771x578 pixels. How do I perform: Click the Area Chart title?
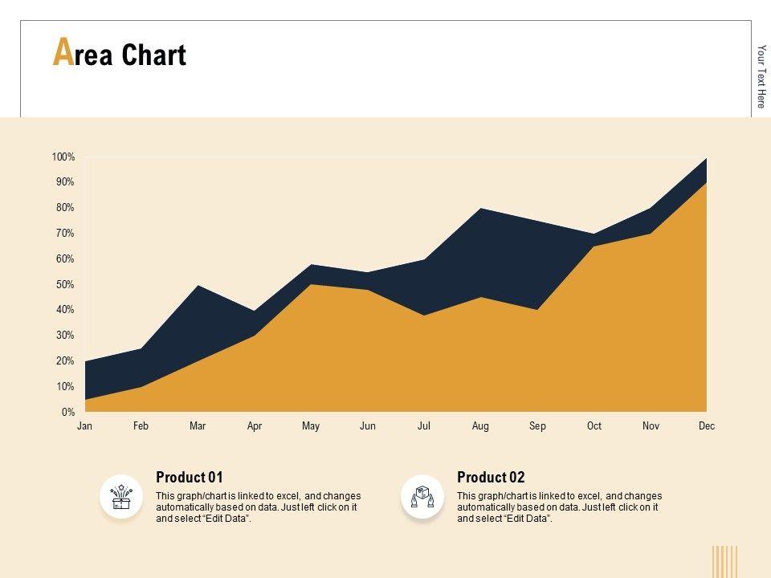[120, 54]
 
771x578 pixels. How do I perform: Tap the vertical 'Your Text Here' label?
[761, 76]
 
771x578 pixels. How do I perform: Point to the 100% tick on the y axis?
[63, 157]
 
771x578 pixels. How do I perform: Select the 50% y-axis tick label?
[64, 285]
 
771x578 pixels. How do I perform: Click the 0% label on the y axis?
[68, 413]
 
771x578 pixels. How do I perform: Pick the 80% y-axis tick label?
[64, 208]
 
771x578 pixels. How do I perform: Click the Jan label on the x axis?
[84, 426]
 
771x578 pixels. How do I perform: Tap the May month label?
[311, 426]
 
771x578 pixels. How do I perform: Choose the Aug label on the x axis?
[480, 426]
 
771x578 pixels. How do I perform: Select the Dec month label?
[707, 426]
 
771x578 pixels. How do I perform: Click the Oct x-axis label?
[594, 426]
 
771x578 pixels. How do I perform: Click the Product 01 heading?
[190, 478]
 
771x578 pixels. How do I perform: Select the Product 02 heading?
[491, 478]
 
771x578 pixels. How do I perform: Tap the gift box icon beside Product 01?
[121, 496]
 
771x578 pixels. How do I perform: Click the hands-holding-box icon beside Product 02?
[422, 496]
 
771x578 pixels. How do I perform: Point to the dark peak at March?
[198, 287]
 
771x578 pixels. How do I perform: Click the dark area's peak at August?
[480, 210]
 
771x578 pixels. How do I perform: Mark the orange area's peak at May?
[311, 286]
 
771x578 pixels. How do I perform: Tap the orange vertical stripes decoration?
[724, 561]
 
